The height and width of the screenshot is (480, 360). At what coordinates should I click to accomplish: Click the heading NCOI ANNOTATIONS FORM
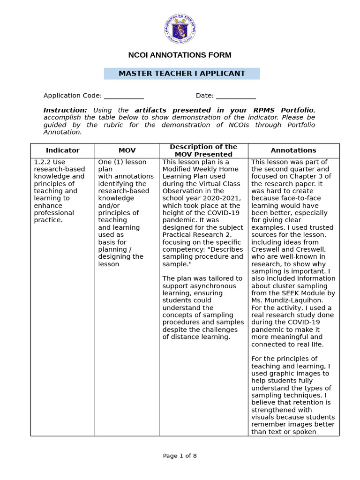click(x=180, y=55)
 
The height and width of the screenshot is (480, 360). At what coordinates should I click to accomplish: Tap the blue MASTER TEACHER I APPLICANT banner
click(x=181, y=74)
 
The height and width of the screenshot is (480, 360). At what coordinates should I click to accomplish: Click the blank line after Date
click(x=236, y=96)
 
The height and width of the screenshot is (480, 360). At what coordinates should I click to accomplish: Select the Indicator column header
click(x=62, y=150)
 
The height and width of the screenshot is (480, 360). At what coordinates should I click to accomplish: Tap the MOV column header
click(x=127, y=150)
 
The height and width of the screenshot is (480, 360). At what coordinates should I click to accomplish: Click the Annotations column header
click(x=293, y=150)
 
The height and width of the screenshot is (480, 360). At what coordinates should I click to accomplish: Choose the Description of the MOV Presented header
click(x=203, y=150)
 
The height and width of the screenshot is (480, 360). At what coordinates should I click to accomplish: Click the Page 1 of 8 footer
click(x=180, y=456)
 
